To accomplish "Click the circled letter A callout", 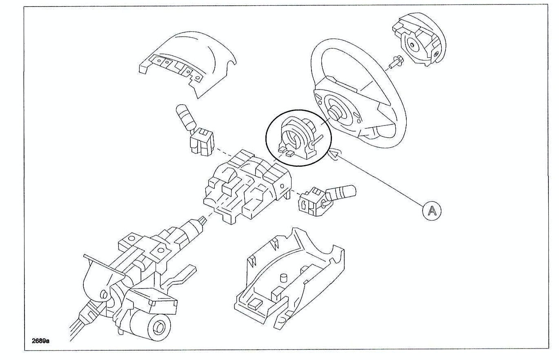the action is (432, 211).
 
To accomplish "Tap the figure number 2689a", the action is (40, 341).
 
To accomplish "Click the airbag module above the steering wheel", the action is (419, 40).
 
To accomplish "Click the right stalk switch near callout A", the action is (327, 200).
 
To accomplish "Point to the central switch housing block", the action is (247, 187).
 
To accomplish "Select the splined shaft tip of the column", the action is (202, 221).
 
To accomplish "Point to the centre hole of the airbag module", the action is (412, 45).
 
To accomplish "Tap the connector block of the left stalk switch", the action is (202, 142).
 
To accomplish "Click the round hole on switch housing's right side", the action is (282, 186).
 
